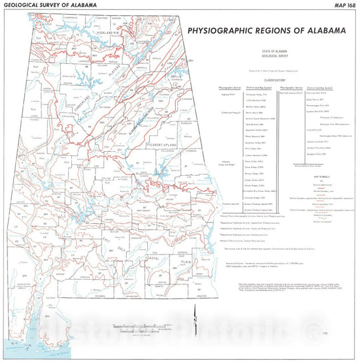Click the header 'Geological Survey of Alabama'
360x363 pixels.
[x=50, y=5]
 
